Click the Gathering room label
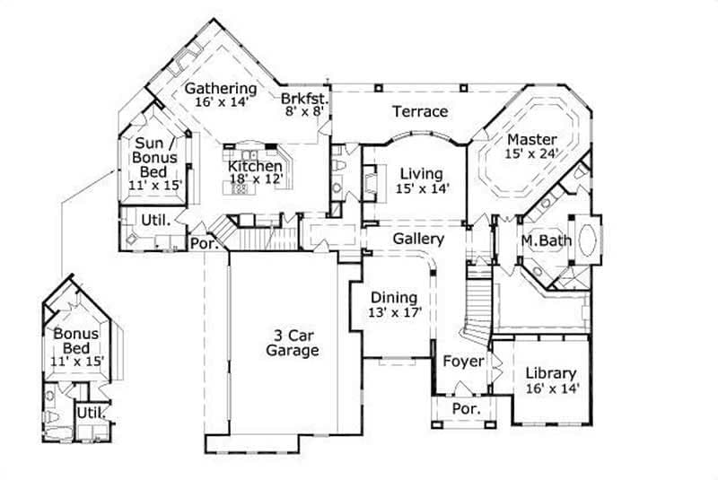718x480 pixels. point(221,88)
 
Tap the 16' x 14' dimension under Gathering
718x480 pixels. point(222,101)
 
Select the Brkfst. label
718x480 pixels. point(305,99)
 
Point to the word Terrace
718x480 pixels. point(420,111)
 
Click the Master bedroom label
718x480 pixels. point(532,139)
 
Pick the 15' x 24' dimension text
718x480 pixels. point(532,153)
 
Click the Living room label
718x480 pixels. point(422,174)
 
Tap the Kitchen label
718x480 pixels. point(255,166)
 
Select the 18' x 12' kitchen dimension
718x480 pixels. point(256,179)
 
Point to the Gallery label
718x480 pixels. point(418,239)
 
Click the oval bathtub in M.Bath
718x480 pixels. point(588,239)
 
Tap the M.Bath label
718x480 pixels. point(547,240)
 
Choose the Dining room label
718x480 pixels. point(394,298)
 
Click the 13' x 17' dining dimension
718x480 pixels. point(395,312)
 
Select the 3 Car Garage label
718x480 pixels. point(293,344)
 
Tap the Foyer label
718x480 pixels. point(463,362)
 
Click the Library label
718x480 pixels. point(551,373)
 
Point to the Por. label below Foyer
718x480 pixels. point(466,408)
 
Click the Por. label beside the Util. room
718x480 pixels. point(204,243)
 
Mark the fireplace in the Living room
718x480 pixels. point(369,183)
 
